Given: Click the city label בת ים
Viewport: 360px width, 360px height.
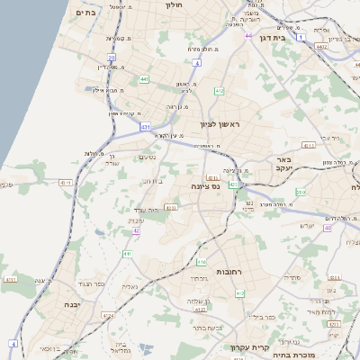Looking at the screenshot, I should coord(86,12).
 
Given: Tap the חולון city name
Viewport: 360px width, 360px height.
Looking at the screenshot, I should coord(175,4).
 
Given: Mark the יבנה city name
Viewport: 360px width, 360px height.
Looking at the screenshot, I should coord(73,304).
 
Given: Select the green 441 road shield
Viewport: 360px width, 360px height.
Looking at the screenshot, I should coord(144,79).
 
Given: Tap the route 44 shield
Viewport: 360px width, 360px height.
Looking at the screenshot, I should coord(247,37).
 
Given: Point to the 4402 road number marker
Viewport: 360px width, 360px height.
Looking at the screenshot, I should coord(321,43).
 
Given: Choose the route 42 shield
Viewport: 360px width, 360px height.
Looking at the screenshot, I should coord(136,231).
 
